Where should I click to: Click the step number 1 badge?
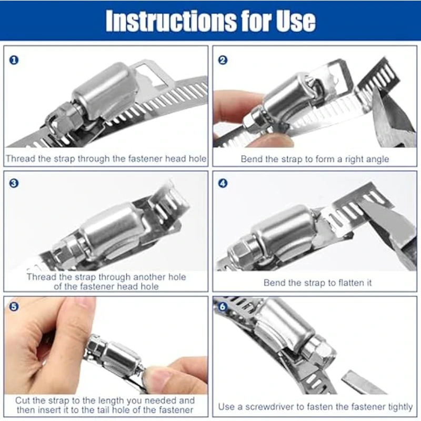(14, 60)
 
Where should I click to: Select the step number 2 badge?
(223, 60)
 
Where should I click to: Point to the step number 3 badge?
(14, 183)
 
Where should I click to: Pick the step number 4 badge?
(223, 183)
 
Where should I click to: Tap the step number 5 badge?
(14, 307)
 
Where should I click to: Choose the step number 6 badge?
(223, 307)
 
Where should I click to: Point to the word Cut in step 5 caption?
(22, 400)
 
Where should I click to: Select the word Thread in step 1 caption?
(21, 158)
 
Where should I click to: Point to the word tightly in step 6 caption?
(400, 407)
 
